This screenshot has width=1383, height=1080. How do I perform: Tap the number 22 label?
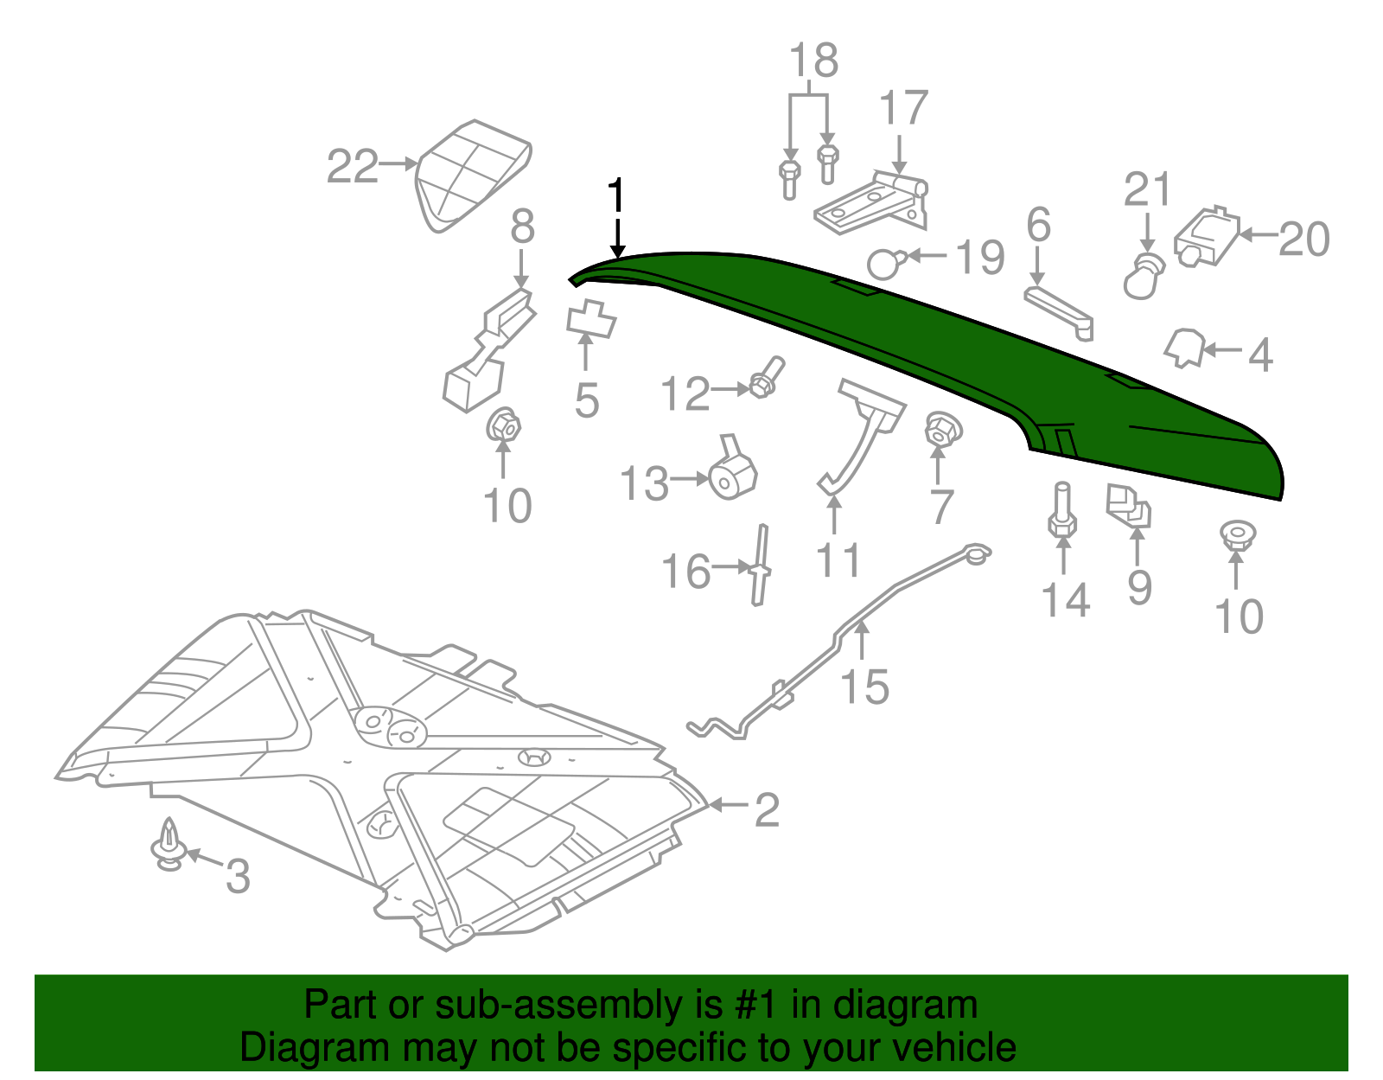(x=353, y=166)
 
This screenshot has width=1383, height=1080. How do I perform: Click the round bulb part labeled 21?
(x=1144, y=276)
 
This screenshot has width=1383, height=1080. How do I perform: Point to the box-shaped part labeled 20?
(x=1207, y=235)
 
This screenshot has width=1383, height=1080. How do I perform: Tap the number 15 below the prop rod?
(x=864, y=687)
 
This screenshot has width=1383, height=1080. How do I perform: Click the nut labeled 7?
(x=942, y=429)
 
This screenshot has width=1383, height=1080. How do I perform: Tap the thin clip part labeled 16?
(x=761, y=566)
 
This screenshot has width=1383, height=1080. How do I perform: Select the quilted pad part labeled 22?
(x=471, y=173)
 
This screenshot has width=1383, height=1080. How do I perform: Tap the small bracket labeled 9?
(x=1129, y=506)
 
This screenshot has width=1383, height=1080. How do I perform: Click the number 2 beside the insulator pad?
(x=767, y=810)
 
